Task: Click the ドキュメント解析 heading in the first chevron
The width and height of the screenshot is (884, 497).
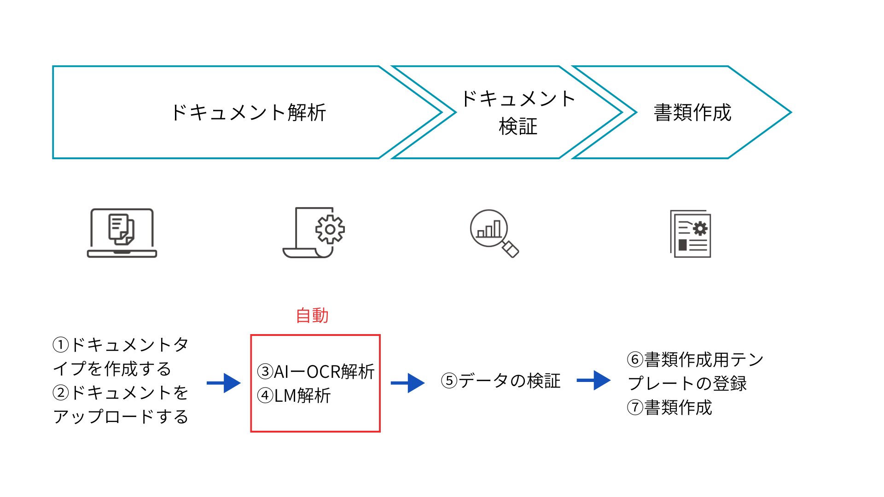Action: click(x=248, y=113)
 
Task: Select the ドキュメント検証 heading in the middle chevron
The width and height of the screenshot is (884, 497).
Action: click(x=518, y=113)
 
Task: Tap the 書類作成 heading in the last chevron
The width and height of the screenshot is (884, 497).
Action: click(x=692, y=113)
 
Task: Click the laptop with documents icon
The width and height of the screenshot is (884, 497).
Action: click(x=122, y=233)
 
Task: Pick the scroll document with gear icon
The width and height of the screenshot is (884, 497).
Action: click(x=314, y=233)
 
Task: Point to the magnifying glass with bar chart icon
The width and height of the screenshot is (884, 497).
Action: click(x=494, y=233)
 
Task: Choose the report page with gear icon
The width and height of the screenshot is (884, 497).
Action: click(x=691, y=234)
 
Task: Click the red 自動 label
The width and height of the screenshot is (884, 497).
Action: click(x=312, y=316)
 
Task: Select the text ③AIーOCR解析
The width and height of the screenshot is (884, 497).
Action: click(x=316, y=372)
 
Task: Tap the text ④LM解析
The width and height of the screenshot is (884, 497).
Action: click(x=294, y=396)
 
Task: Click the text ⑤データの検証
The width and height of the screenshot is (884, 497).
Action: click(x=501, y=381)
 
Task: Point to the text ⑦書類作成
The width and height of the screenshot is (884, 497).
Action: click(x=669, y=408)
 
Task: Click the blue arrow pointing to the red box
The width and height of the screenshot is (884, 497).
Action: click(x=224, y=383)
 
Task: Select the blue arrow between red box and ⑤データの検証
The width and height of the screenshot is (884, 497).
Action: click(x=407, y=383)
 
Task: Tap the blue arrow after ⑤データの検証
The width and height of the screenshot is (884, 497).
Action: click(x=593, y=381)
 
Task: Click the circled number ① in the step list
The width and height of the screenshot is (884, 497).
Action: click(x=61, y=345)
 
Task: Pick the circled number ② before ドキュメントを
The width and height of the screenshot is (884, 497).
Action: click(x=61, y=393)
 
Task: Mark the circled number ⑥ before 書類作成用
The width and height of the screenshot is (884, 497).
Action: click(x=635, y=359)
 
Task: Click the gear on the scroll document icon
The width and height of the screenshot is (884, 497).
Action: click(x=330, y=229)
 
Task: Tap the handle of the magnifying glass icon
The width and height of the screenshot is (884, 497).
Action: click(x=511, y=249)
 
